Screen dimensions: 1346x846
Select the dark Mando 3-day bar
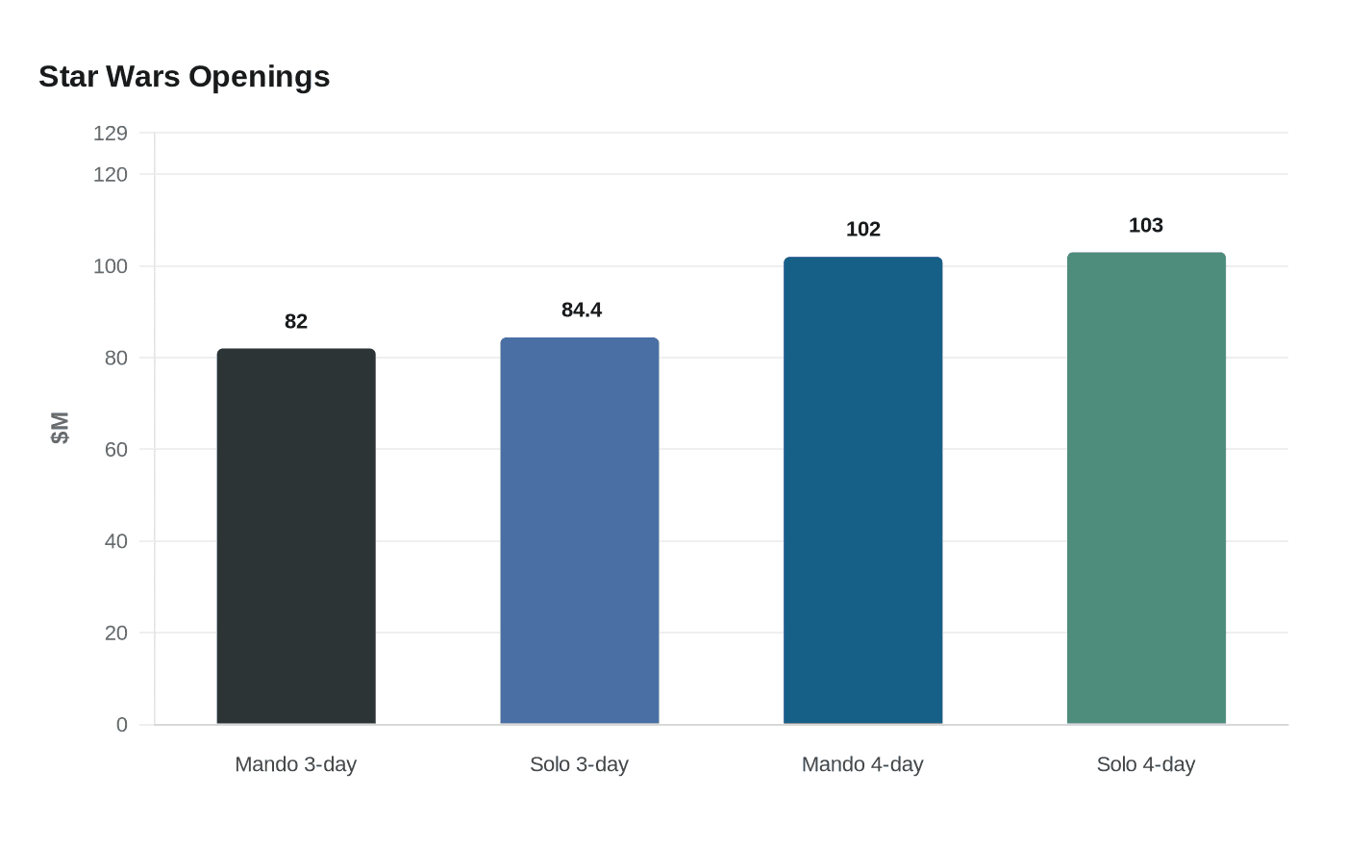point(296,536)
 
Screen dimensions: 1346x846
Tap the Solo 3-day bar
point(580,531)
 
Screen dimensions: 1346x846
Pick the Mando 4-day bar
point(863,490)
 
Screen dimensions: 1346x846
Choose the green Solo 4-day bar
point(1146,488)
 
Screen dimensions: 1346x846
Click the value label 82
point(296,321)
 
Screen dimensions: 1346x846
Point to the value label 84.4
point(582,310)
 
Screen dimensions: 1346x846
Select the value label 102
point(863,230)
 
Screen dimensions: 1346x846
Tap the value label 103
point(1146,225)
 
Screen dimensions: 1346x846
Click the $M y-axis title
point(60,428)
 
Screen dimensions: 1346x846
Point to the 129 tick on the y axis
point(111,134)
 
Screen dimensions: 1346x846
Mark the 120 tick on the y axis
point(111,175)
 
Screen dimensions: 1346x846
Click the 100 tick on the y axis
point(111,266)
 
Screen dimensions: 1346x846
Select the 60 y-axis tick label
point(116,450)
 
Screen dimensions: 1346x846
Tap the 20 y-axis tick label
point(116,633)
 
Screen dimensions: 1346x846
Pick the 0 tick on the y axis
point(122,725)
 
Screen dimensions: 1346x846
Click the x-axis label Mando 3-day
point(296,765)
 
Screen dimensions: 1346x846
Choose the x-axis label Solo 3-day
point(579,765)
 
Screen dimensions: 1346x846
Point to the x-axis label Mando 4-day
point(862,765)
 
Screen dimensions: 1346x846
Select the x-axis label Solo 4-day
point(1146,765)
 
